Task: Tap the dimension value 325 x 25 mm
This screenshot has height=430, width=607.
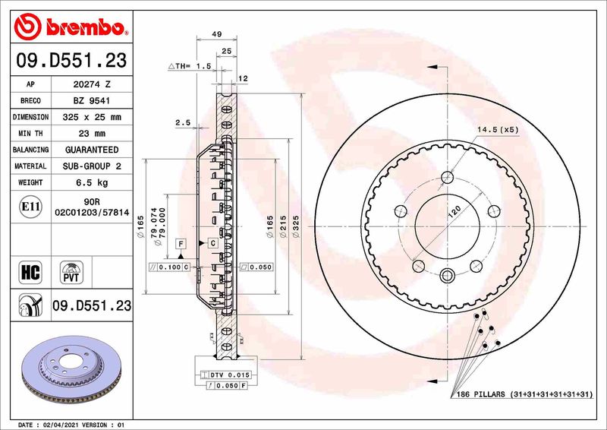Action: click(x=92, y=117)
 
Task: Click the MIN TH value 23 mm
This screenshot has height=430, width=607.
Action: click(x=92, y=134)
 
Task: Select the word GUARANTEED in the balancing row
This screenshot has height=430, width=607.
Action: click(x=92, y=150)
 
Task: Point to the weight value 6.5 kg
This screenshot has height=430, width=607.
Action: click(x=92, y=182)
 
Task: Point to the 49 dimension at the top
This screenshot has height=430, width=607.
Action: click(x=216, y=34)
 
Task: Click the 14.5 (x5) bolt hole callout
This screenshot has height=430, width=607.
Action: click(x=498, y=129)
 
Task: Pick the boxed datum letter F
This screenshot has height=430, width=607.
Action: click(x=181, y=243)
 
